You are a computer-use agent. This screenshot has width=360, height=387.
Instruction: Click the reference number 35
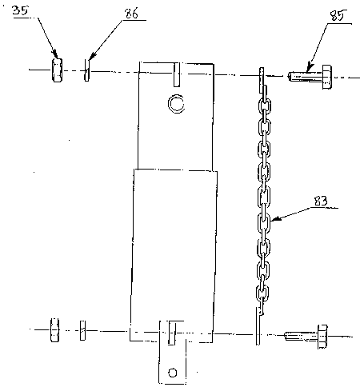21,11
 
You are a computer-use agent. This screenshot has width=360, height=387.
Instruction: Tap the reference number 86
131,14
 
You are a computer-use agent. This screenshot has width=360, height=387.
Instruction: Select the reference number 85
338,16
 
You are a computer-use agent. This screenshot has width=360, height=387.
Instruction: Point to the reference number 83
321,201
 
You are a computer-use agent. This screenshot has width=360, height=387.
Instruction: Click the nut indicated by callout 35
57,70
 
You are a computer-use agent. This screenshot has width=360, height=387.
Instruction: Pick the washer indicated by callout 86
86,70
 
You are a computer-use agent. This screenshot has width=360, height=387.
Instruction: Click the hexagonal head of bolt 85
327,77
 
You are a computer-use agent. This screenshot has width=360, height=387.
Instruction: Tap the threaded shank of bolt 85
305,77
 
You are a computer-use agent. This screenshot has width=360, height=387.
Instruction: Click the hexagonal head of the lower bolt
322,337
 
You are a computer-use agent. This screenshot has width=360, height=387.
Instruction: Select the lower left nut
54,330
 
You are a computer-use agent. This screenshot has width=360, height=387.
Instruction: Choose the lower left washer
83,330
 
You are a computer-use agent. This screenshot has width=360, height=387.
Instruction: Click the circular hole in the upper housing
176,104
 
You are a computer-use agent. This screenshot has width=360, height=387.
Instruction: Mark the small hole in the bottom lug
173,373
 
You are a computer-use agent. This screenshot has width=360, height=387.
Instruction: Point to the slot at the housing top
177,74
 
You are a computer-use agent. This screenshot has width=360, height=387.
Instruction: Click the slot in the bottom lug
172,333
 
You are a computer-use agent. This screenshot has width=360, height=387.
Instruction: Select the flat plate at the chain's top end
262,80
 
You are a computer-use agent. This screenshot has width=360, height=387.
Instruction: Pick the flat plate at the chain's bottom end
258,326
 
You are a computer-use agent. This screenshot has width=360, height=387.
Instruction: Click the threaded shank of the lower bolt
301,336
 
